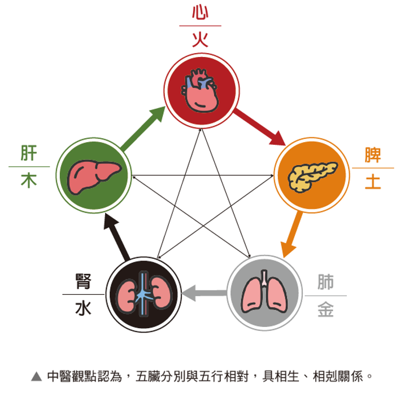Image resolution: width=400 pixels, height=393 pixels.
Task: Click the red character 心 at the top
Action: coord(200,13)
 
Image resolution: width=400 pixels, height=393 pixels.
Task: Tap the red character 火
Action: coord(200,39)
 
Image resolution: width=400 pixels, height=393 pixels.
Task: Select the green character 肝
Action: coord(29,153)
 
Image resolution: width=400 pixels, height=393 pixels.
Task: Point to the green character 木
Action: coord(29,180)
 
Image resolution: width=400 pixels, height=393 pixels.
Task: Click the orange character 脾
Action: coord(373,154)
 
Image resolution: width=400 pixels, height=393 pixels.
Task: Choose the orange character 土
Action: coord(373,182)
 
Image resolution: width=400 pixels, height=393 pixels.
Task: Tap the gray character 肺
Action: coord(325,282)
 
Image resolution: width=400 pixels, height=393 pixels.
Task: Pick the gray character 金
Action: coord(325,309)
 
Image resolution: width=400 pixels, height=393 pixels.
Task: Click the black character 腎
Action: coord(83,281)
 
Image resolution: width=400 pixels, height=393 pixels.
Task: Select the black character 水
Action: coord(83,308)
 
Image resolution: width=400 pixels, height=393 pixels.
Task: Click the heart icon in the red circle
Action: coord(200,90)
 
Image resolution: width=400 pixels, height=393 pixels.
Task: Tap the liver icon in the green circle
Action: coord(94,177)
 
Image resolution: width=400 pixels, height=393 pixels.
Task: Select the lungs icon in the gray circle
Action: coord(264,292)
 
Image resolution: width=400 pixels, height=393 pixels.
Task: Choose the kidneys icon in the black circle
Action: coord(144,294)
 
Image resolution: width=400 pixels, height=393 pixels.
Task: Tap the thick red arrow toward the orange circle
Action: coord(259,127)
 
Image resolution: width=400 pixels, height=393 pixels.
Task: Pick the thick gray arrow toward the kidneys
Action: coord(205,293)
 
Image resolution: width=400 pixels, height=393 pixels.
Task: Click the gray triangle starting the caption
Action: coord(37,376)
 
